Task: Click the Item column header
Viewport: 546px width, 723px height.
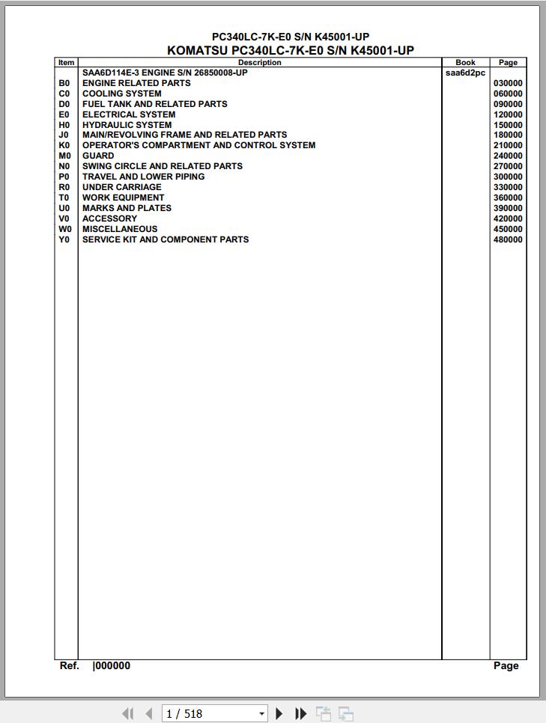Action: [x=66, y=63]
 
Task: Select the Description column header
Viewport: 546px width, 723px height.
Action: [x=259, y=63]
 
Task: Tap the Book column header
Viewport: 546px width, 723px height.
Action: [x=465, y=63]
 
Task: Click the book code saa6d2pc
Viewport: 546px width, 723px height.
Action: [x=465, y=73]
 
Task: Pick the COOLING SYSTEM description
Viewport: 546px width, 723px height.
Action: [x=121, y=94]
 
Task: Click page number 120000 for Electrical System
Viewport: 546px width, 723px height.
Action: [x=508, y=115]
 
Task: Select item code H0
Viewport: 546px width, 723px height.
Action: [x=64, y=125]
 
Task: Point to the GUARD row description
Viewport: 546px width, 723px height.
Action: [x=98, y=156]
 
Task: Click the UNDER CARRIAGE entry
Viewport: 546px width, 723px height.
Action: [x=121, y=187]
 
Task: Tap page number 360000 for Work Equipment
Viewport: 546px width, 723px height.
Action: [x=508, y=198]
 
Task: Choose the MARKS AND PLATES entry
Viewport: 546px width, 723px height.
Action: [x=127, y=208]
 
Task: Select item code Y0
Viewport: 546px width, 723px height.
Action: [x=64, y=240]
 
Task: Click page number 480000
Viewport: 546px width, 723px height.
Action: [x=508, y=240]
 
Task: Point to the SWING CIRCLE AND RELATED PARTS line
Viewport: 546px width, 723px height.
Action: [x=162, y=166]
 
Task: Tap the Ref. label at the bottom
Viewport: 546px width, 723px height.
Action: [x=69, y=665]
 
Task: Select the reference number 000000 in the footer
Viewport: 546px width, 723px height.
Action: [x=112, y=665]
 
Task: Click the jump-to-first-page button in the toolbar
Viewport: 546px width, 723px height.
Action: [x=127, y=714]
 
